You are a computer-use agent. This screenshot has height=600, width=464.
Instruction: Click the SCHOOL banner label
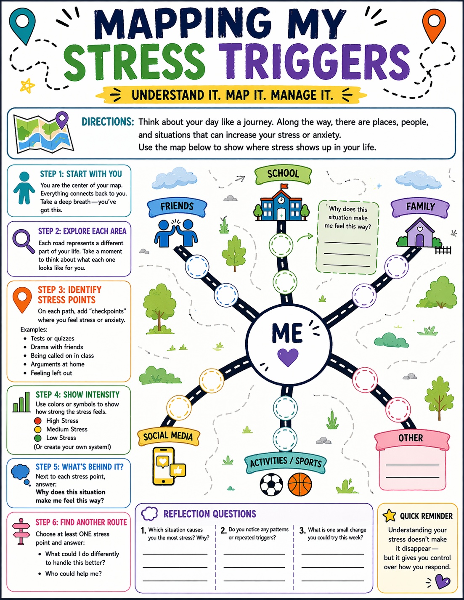pos(283,173)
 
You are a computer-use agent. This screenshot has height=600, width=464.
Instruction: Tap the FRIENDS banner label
pos(177,207)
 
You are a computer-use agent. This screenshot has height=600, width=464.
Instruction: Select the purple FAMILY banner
pos(420,207)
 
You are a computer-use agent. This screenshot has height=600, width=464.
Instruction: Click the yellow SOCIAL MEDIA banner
pos(168,436)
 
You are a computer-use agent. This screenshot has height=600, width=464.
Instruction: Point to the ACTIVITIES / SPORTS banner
pos(285,462)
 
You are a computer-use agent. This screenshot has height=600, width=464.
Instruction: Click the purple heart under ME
pos(288,357)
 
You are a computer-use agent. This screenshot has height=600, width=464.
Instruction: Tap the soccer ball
pos(272,485)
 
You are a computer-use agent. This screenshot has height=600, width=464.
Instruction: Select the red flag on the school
pos(284,187)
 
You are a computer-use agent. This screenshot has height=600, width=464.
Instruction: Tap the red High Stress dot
pos(38,421)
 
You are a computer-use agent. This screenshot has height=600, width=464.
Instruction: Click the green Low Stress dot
pos(38,438)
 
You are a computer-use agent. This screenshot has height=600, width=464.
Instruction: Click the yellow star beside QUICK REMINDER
pos(390,515)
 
